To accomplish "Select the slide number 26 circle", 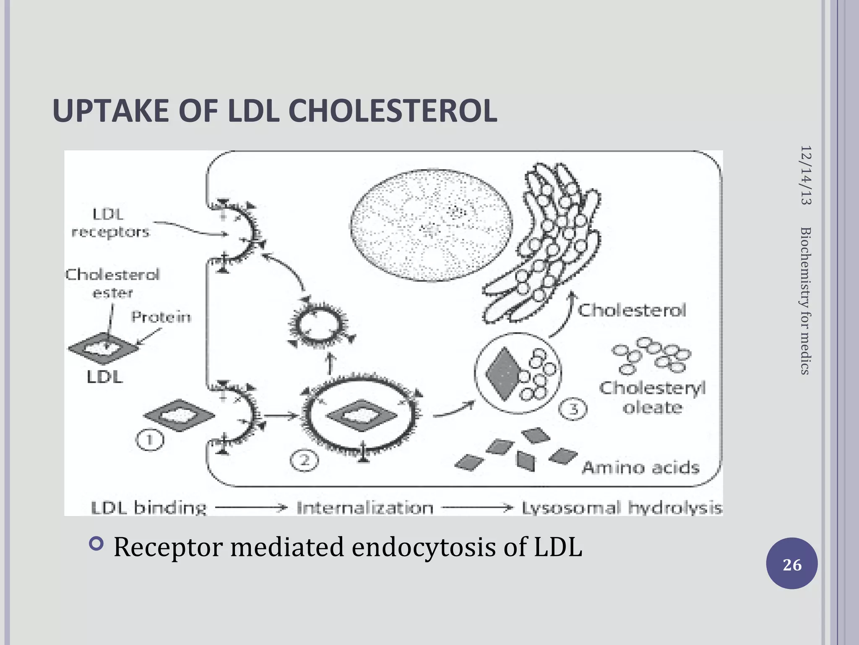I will pos(791,564).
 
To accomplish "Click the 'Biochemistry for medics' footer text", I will pos(806,300).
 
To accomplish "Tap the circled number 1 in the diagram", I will pos(150,440).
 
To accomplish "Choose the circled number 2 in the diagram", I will pos(305,461).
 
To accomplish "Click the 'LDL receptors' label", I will pos(110,223).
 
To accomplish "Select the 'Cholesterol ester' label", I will pos(112,283).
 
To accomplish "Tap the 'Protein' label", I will pos(161,317).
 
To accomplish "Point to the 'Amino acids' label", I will pos(640,467).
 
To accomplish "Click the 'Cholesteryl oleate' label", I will pos(652,397).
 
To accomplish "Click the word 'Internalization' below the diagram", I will pos(365,508).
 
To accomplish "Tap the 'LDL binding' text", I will pos(149,508).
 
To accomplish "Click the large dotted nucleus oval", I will pos(431,225).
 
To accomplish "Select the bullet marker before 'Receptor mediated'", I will pos(96,544).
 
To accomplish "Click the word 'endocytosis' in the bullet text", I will pos(424,547).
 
